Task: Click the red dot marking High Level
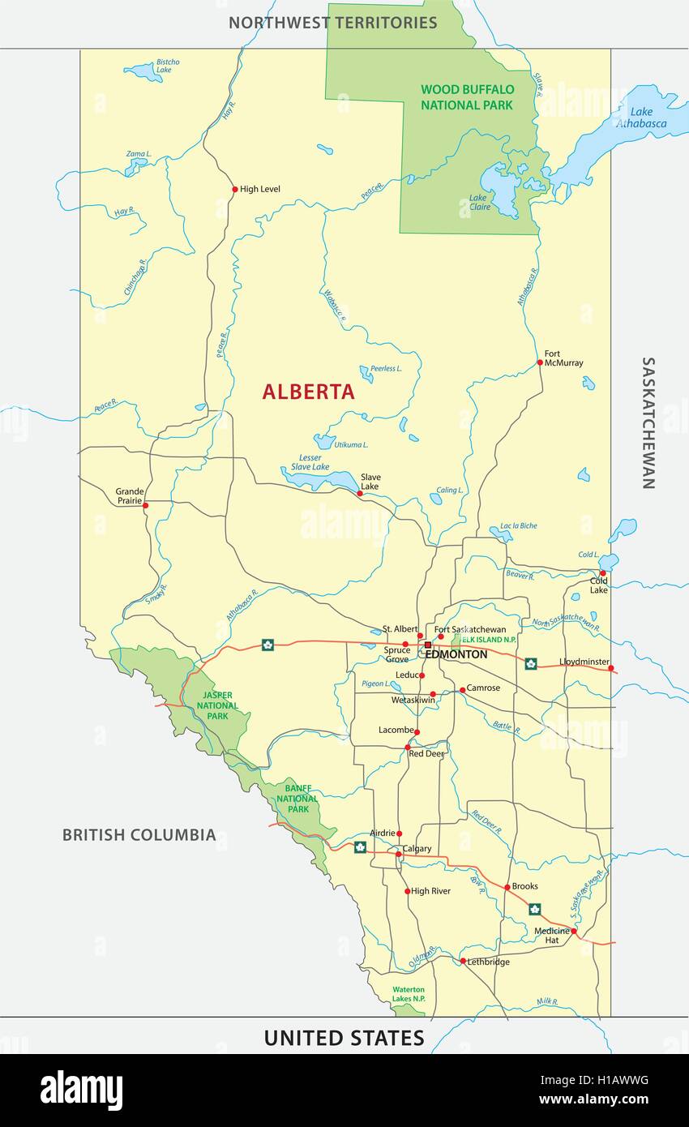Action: pos(235,190)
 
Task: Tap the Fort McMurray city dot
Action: pos(540,362)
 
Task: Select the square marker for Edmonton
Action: pos(427,645)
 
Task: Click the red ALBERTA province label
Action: pos(308,392)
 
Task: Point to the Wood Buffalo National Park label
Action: pos(466,96)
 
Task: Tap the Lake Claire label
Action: pos(478,201)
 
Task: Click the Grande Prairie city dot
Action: pos(146,505)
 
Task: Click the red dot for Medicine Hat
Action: pos(574,932)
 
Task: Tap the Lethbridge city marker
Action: pos(463,962)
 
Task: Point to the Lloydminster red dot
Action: pos(611,669)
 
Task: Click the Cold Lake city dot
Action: pos(602,573)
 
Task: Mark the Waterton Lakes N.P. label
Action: pos(409,994)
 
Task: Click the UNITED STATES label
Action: pos(344,1038)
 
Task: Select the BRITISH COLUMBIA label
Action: pos(139,834)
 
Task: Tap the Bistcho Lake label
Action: pos(168,66)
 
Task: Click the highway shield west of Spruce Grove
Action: pos(267,645)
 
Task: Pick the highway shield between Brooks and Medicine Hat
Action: pos(534,909)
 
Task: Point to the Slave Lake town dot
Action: pos(360,493)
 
